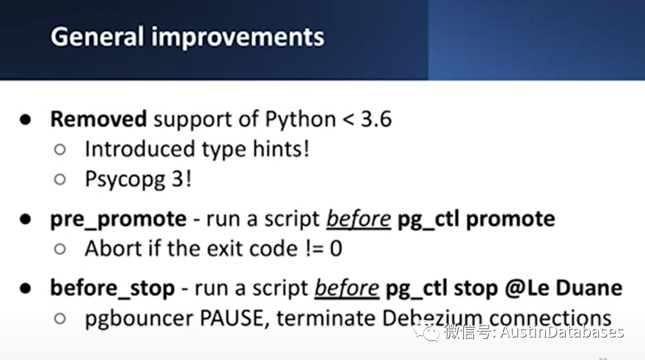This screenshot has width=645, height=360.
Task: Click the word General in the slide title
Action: [x=97, y=37]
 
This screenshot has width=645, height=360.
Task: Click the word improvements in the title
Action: [x=238, y=37]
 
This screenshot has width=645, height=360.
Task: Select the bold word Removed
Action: [x=98, y=119]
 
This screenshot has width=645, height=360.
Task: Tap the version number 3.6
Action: [x=376, y=119]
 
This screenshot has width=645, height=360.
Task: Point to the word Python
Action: [x=300, y=120]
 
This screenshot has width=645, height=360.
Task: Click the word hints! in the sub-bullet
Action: [x=281, y=149]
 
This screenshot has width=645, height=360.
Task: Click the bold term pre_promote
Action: [x=118, y=219]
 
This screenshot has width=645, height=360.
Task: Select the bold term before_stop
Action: [x=112, y=288]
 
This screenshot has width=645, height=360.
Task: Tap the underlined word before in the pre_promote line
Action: [x=359, y=218]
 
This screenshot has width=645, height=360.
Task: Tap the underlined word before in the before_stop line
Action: [x=347, y=288]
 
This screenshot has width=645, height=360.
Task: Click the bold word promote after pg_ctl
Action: [x=510, y=219]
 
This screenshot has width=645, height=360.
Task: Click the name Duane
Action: [x=589, y=288]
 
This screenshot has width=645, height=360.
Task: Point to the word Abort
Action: [x=115, y=249]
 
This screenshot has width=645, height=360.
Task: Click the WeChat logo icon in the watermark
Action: [x=427, y=332]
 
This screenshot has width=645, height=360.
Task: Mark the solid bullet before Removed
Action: [x=25, y=120]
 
